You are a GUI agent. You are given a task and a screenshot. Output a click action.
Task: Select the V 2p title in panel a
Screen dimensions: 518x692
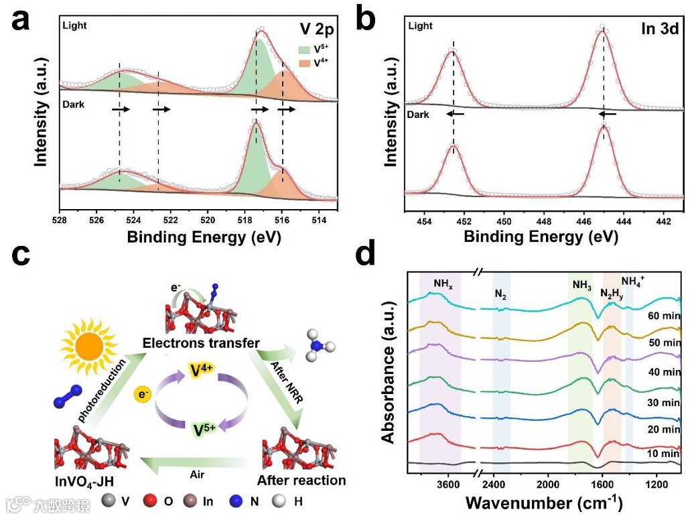[x=316, y=30]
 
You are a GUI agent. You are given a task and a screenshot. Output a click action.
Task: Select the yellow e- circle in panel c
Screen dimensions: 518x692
[x=142, y=393]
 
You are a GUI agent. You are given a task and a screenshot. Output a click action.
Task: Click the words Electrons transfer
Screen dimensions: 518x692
[x=201, y=343]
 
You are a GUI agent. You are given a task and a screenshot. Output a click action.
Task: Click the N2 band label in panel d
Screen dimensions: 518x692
[x=500, y=293]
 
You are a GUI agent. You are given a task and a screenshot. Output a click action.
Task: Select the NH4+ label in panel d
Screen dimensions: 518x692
[x=633, y=281]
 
